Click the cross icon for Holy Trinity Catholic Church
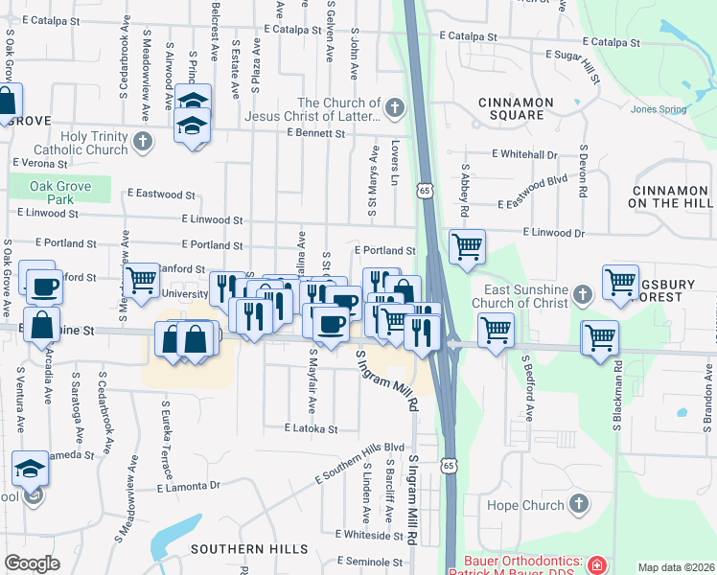[143, 143]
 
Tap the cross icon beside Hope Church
[578, 504]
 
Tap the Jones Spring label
[659, 108]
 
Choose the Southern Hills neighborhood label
[249, 549]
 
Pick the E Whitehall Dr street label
[524, 153]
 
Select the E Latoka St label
[312, 428]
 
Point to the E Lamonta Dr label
[188, 487]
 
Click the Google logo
[32, 563]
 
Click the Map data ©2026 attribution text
[677, 567]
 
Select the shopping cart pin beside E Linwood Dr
[467, 244]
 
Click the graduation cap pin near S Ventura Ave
[30, 469]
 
